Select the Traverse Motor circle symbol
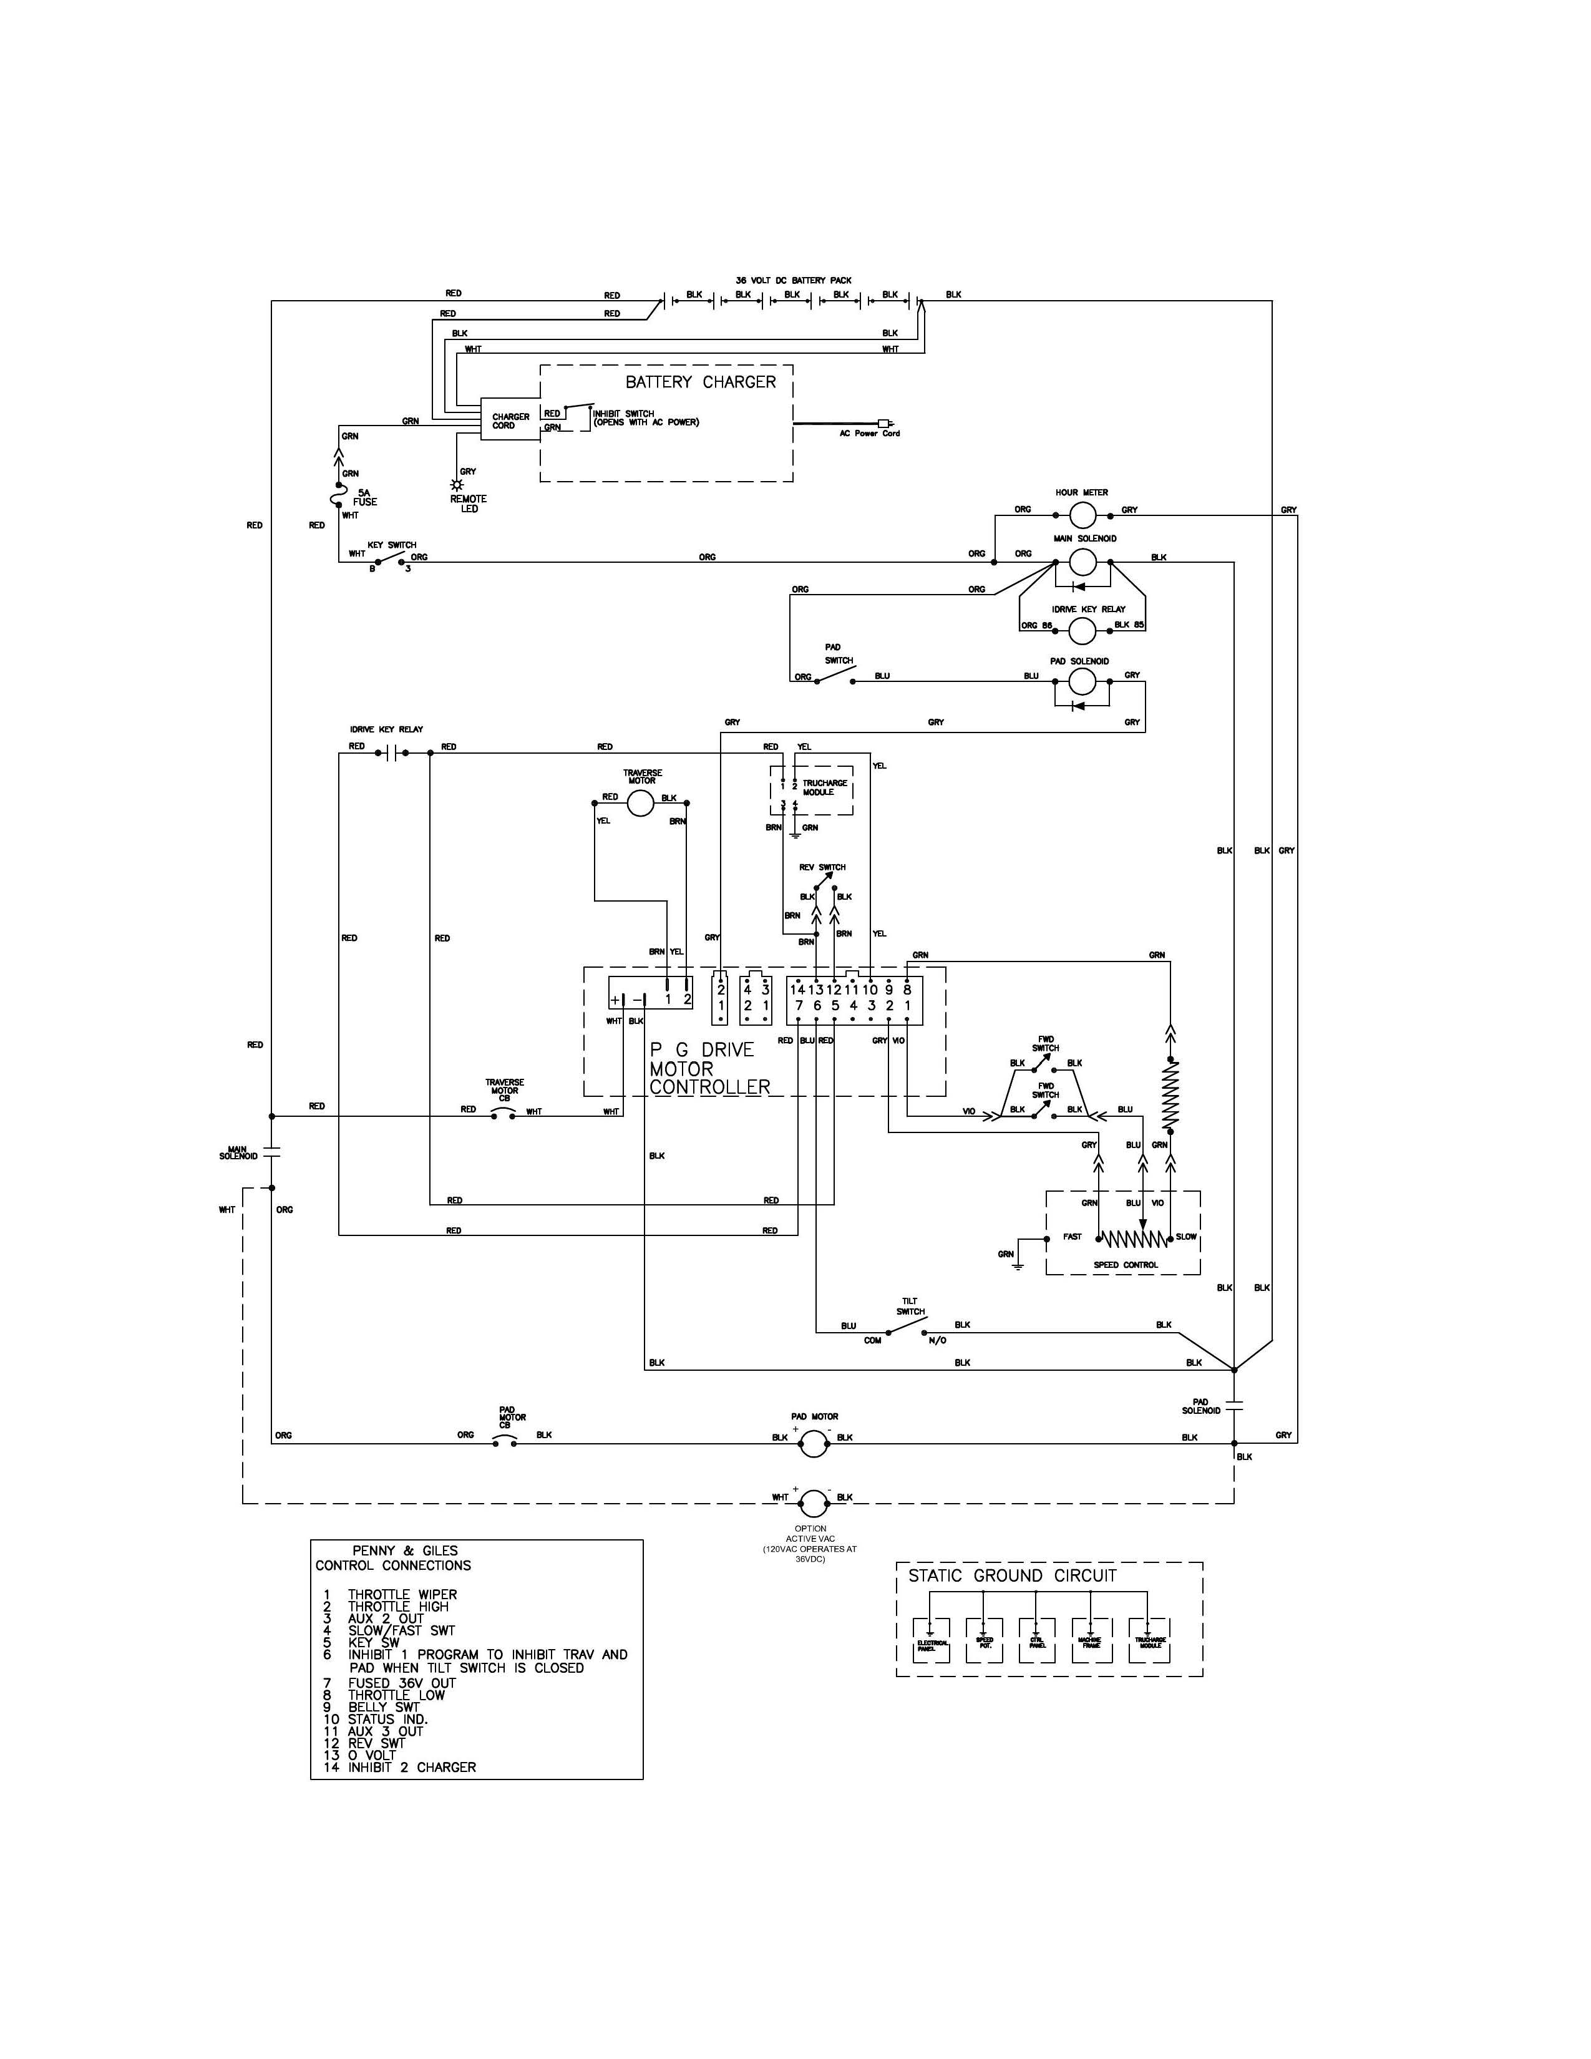tap(640, 803)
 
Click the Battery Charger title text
tap(700, 382)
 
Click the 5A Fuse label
tap(365, 497)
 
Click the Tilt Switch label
tap(910, 1306)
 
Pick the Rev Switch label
tap(822, 867)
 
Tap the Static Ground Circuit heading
tap(1011, 1575)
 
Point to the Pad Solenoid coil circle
tap(1081, 681)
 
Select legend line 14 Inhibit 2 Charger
tap(400, 1767)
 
